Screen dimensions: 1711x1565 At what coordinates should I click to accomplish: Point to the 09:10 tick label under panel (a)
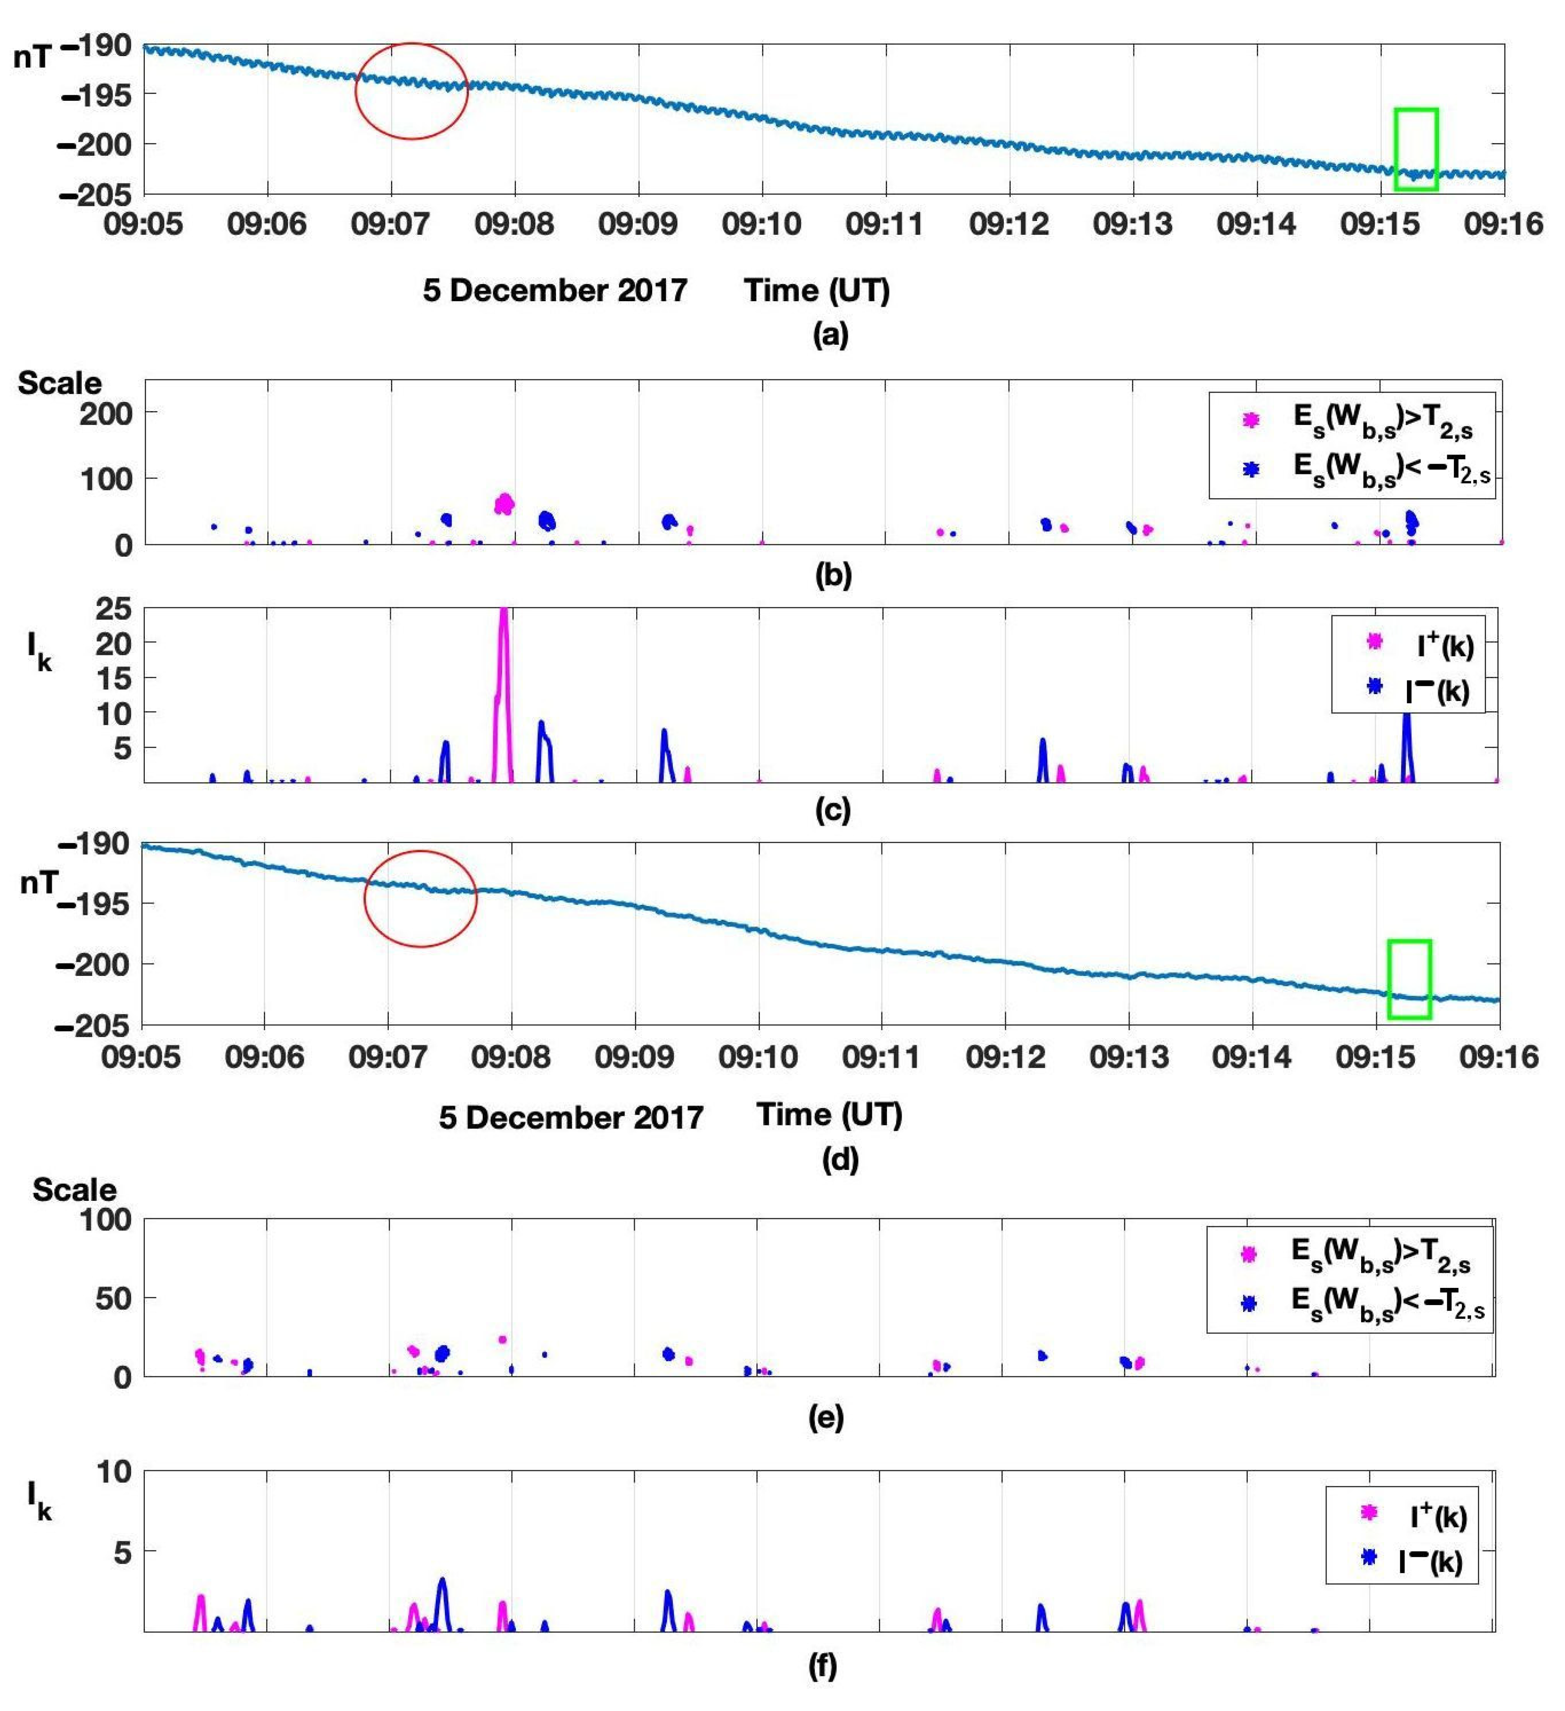coord(761,224)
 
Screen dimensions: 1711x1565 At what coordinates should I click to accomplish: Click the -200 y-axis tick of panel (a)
coord(95,144)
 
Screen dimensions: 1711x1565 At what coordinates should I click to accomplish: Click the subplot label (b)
coord(832,575)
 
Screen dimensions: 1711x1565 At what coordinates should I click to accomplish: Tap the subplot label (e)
coord(825,1416)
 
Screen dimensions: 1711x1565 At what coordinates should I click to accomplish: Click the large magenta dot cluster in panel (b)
coord(504,504)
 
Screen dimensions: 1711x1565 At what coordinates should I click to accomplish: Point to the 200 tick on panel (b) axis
coord(106,413)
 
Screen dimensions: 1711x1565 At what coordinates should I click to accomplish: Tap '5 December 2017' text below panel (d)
coord(571,1117)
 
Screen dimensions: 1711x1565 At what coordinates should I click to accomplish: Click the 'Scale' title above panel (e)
coord(75,1189)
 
